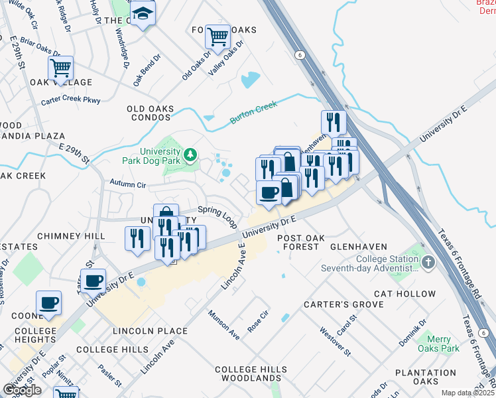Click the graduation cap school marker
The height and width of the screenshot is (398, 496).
(142, 14)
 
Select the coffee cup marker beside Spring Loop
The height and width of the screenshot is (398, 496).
(269, 192)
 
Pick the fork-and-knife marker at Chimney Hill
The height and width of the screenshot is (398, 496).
(137, 238)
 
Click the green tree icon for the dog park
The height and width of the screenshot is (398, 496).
(191, 155)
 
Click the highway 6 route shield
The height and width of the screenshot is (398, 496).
(300, 55)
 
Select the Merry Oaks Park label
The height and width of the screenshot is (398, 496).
(438, 343)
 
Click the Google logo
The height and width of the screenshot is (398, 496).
(22, 390)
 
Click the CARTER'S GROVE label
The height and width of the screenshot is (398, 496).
(343, 304)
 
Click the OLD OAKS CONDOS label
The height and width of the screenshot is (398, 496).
(151, 114)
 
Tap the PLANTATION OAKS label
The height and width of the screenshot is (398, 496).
(425, 377)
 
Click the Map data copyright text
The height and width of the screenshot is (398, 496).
(467, 393)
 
